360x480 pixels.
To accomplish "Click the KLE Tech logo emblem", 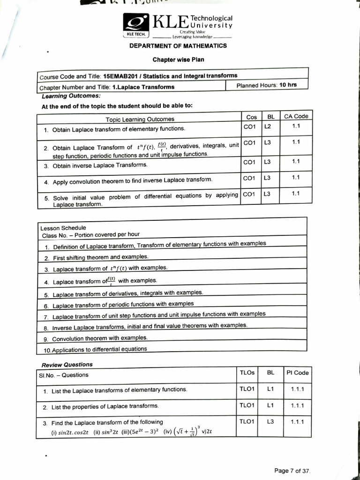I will click(x=135, y=25).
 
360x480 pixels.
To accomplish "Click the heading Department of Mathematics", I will click(x=178, y=46).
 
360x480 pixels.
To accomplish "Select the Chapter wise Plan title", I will click(x=178, y=60).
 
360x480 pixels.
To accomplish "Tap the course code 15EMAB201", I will click(x=121, y=76).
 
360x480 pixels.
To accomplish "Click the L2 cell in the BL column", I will click(x=268, y=126).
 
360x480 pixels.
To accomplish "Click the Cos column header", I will click(x=251, y=117).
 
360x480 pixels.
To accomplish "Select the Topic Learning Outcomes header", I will click(x=140, y=120).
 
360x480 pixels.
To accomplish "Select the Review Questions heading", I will click(x=67, y=364).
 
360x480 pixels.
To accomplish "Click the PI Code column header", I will click(x=298, y=373).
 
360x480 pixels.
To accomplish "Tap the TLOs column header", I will click(x=247, y=373).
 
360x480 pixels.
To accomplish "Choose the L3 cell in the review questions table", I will click(x=270, y=421).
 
